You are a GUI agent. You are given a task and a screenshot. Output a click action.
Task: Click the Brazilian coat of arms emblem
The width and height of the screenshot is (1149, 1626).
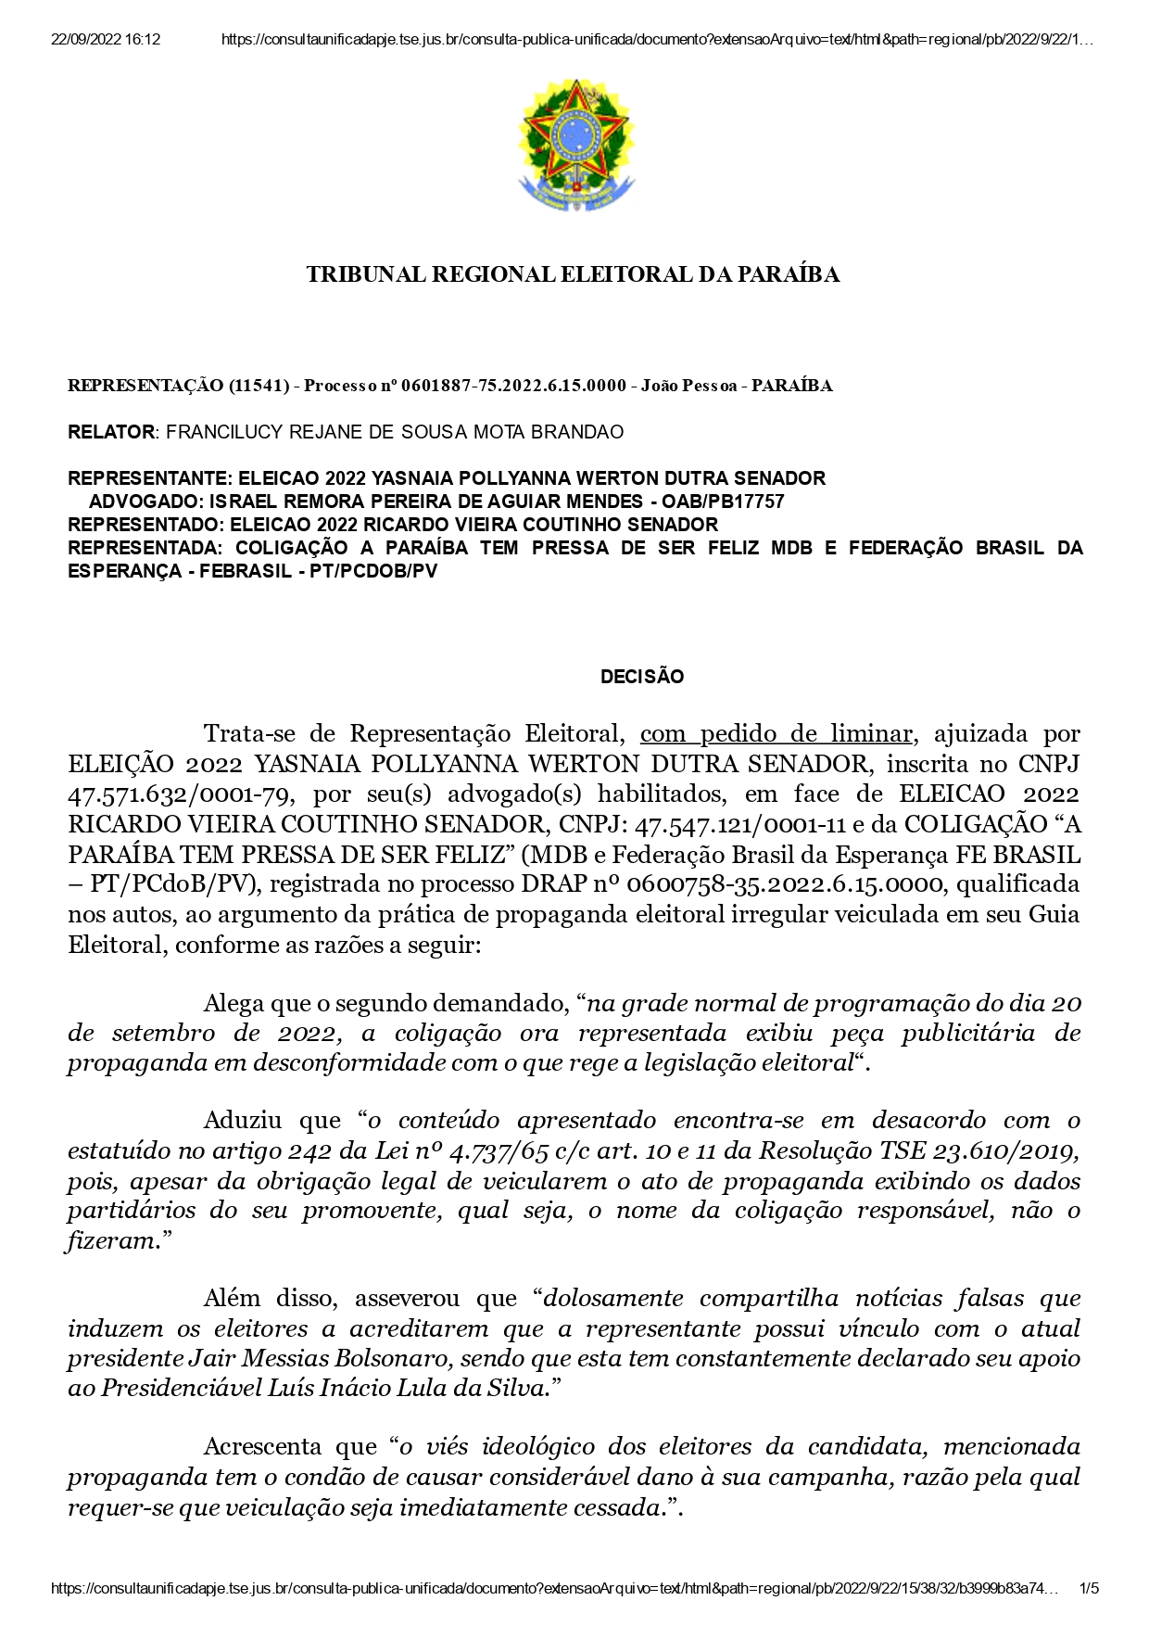575,146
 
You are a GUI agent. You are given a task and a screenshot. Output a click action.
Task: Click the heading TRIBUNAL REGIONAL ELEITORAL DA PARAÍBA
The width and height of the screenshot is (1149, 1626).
574,274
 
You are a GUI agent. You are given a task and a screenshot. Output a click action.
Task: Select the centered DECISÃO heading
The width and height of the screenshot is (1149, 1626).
642,677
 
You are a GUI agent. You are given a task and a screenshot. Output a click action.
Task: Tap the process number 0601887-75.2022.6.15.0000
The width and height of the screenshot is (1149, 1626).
513,386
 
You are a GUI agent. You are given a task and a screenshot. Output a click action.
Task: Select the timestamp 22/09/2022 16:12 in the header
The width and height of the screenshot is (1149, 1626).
105,40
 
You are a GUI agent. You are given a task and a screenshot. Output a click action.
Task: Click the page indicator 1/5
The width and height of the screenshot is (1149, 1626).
1090,1589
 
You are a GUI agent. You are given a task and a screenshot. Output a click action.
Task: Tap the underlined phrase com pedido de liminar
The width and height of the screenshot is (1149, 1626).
776,733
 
